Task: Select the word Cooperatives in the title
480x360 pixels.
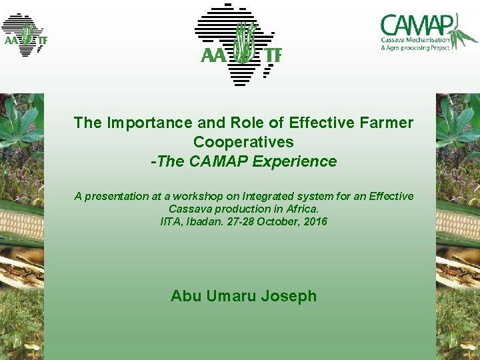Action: click(243, 142)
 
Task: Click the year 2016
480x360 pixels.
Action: click(315, 221)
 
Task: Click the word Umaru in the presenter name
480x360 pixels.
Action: click(231, 296)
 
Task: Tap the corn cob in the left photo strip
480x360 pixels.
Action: click(20, 223)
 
